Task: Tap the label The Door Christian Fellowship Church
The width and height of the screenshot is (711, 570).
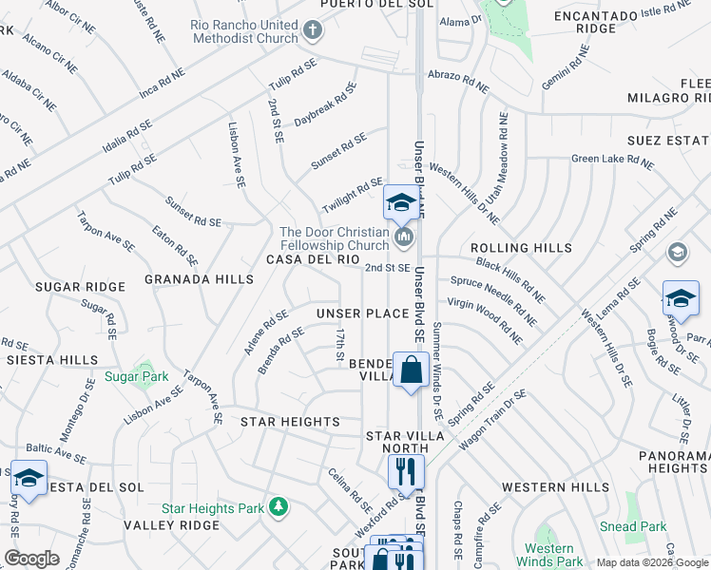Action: (334, 239)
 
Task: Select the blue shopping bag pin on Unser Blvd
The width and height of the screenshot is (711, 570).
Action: (411, 371)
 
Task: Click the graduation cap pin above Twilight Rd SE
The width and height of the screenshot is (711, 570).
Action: (401, 202)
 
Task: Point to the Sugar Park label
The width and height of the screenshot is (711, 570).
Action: (137, 377)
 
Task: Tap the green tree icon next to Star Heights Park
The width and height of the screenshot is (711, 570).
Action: (279, 507)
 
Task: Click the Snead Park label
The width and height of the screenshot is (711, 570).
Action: (633, 526)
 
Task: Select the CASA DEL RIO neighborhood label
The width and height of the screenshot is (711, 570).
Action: (312, 259)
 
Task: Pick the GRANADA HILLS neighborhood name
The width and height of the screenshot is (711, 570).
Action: (199, 279)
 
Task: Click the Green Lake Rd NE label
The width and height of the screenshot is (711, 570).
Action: (612, 162)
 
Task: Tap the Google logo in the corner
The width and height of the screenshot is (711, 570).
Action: (31, 558)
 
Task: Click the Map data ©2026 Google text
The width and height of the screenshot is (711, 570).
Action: (651, 562)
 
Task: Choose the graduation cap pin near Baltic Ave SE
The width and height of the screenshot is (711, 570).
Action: (29, 479)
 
